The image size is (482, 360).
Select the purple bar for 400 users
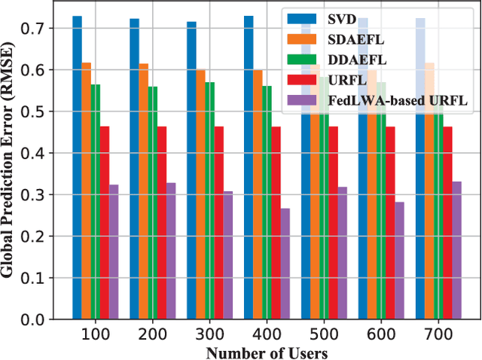click(x=285, y=264)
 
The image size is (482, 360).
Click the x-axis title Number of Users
click(x=267, y=351)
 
